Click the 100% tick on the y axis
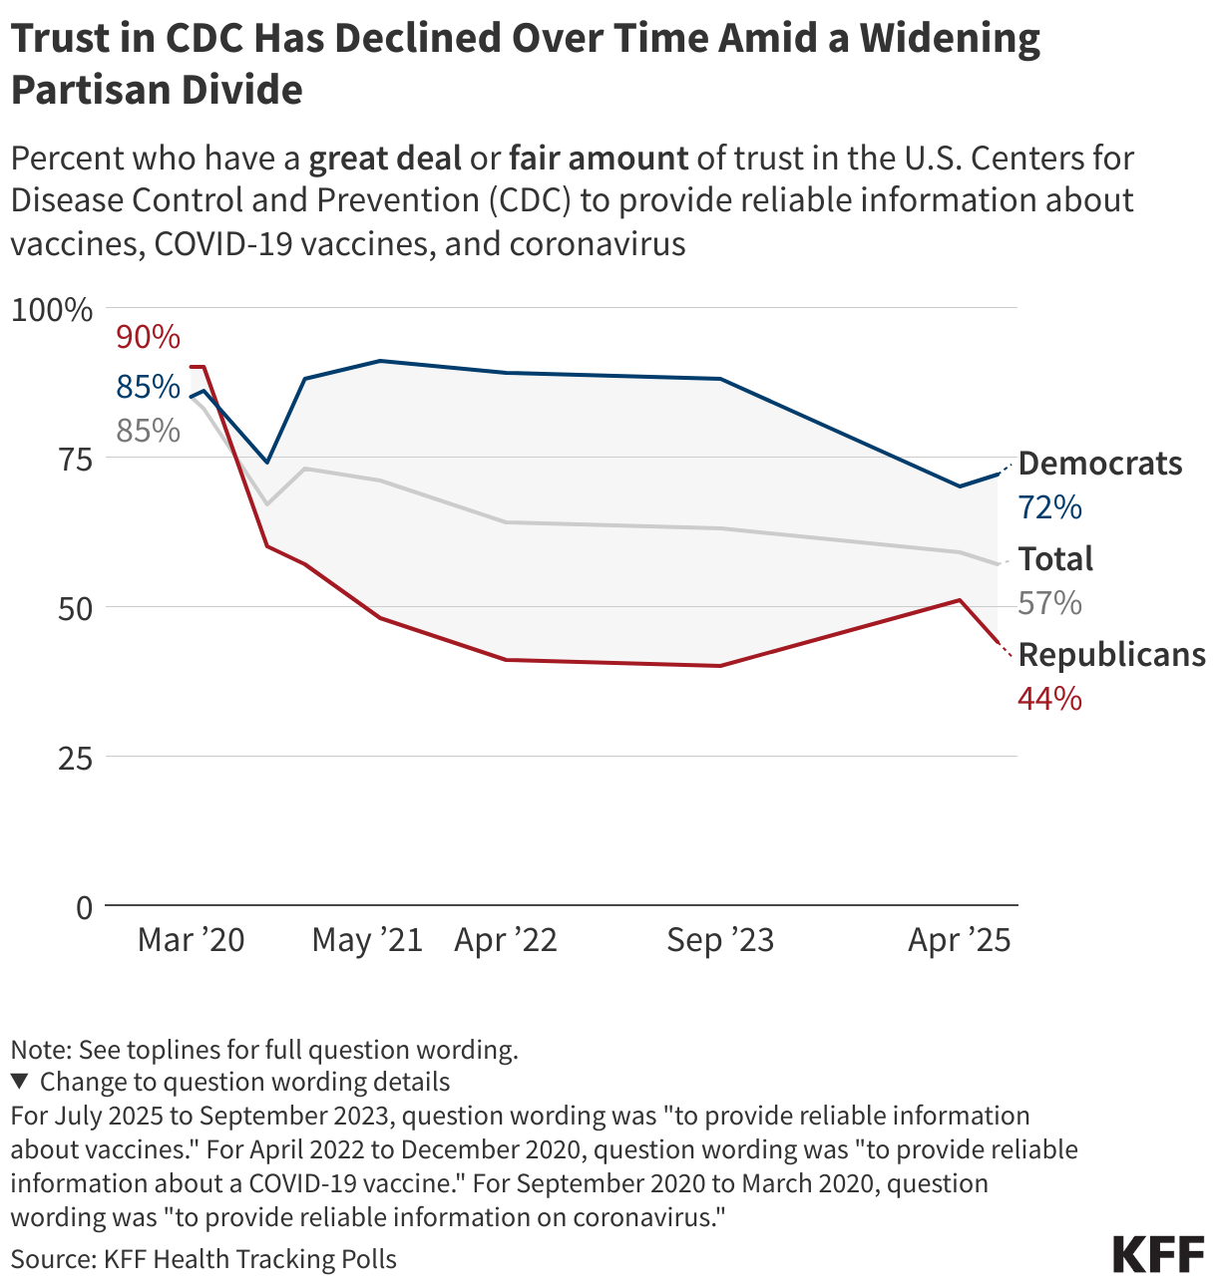pyautogui.click(x=51, y=309)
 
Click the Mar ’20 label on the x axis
pyautogui.click(x=191, y=940)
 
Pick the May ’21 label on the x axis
pyautogui.click(x=367, y=940)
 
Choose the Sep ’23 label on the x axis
pyautogui.click(x=720, y=940)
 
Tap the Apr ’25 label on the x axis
pyautogui.click(x=959, y=940)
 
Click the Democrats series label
pyautogui.click(x=1100, y=464)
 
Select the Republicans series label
pyautogui.click(x=1111, y=655)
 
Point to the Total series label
pyautogui.click(x=1055, y=559)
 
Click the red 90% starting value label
pyautogui.click(x=148, y=337)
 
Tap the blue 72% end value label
pyautogui.click(x=1049, y=507)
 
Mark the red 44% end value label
pyautogui.click(x=1049, y=699)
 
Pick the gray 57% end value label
pyautogui.click(x=1049, y=603)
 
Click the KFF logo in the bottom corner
pyautogui.click(x=1158, y=1255)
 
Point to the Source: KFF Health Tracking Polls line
pyautogui.click(x=203, y=1259)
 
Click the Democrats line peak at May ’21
pyautogui.click(x=380, y=361)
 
